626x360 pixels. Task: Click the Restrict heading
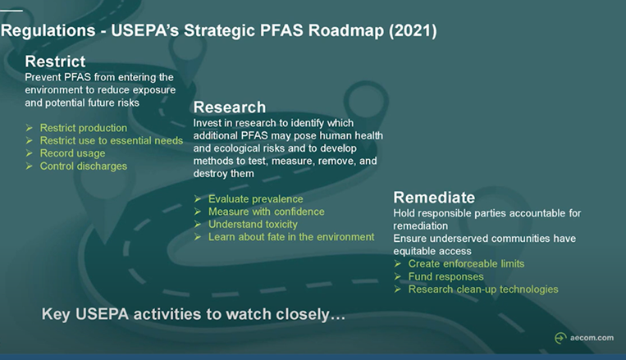pyautogui.click(x=55, y=62)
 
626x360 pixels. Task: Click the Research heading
pyautogui.click(x=229, y=107)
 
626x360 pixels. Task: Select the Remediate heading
pyautogui.click(x=434, y=198)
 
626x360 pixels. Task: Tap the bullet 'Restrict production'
pyautogui.click(x=83, y=128)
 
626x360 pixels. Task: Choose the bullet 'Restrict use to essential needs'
pyautogui.click(x=111, y=141)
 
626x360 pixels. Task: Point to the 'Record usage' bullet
pyautogui.click(x=72, y=153)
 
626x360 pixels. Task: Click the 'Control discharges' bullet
pyautogui.click(x=83, y=166)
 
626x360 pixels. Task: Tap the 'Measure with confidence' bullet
pyautogui.click(x=266, y=212)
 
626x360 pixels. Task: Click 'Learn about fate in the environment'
pyautogui.click(x=290, y=237)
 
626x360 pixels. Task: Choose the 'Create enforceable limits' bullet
pyautogui.click(x=465, y=263)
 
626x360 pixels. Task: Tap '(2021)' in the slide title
pyautogui.click(x=408, y=32)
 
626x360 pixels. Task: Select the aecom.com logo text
pyautogui.click(x=592, y=338)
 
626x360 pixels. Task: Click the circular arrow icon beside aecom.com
pyautogui.click(x=560, y=338)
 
